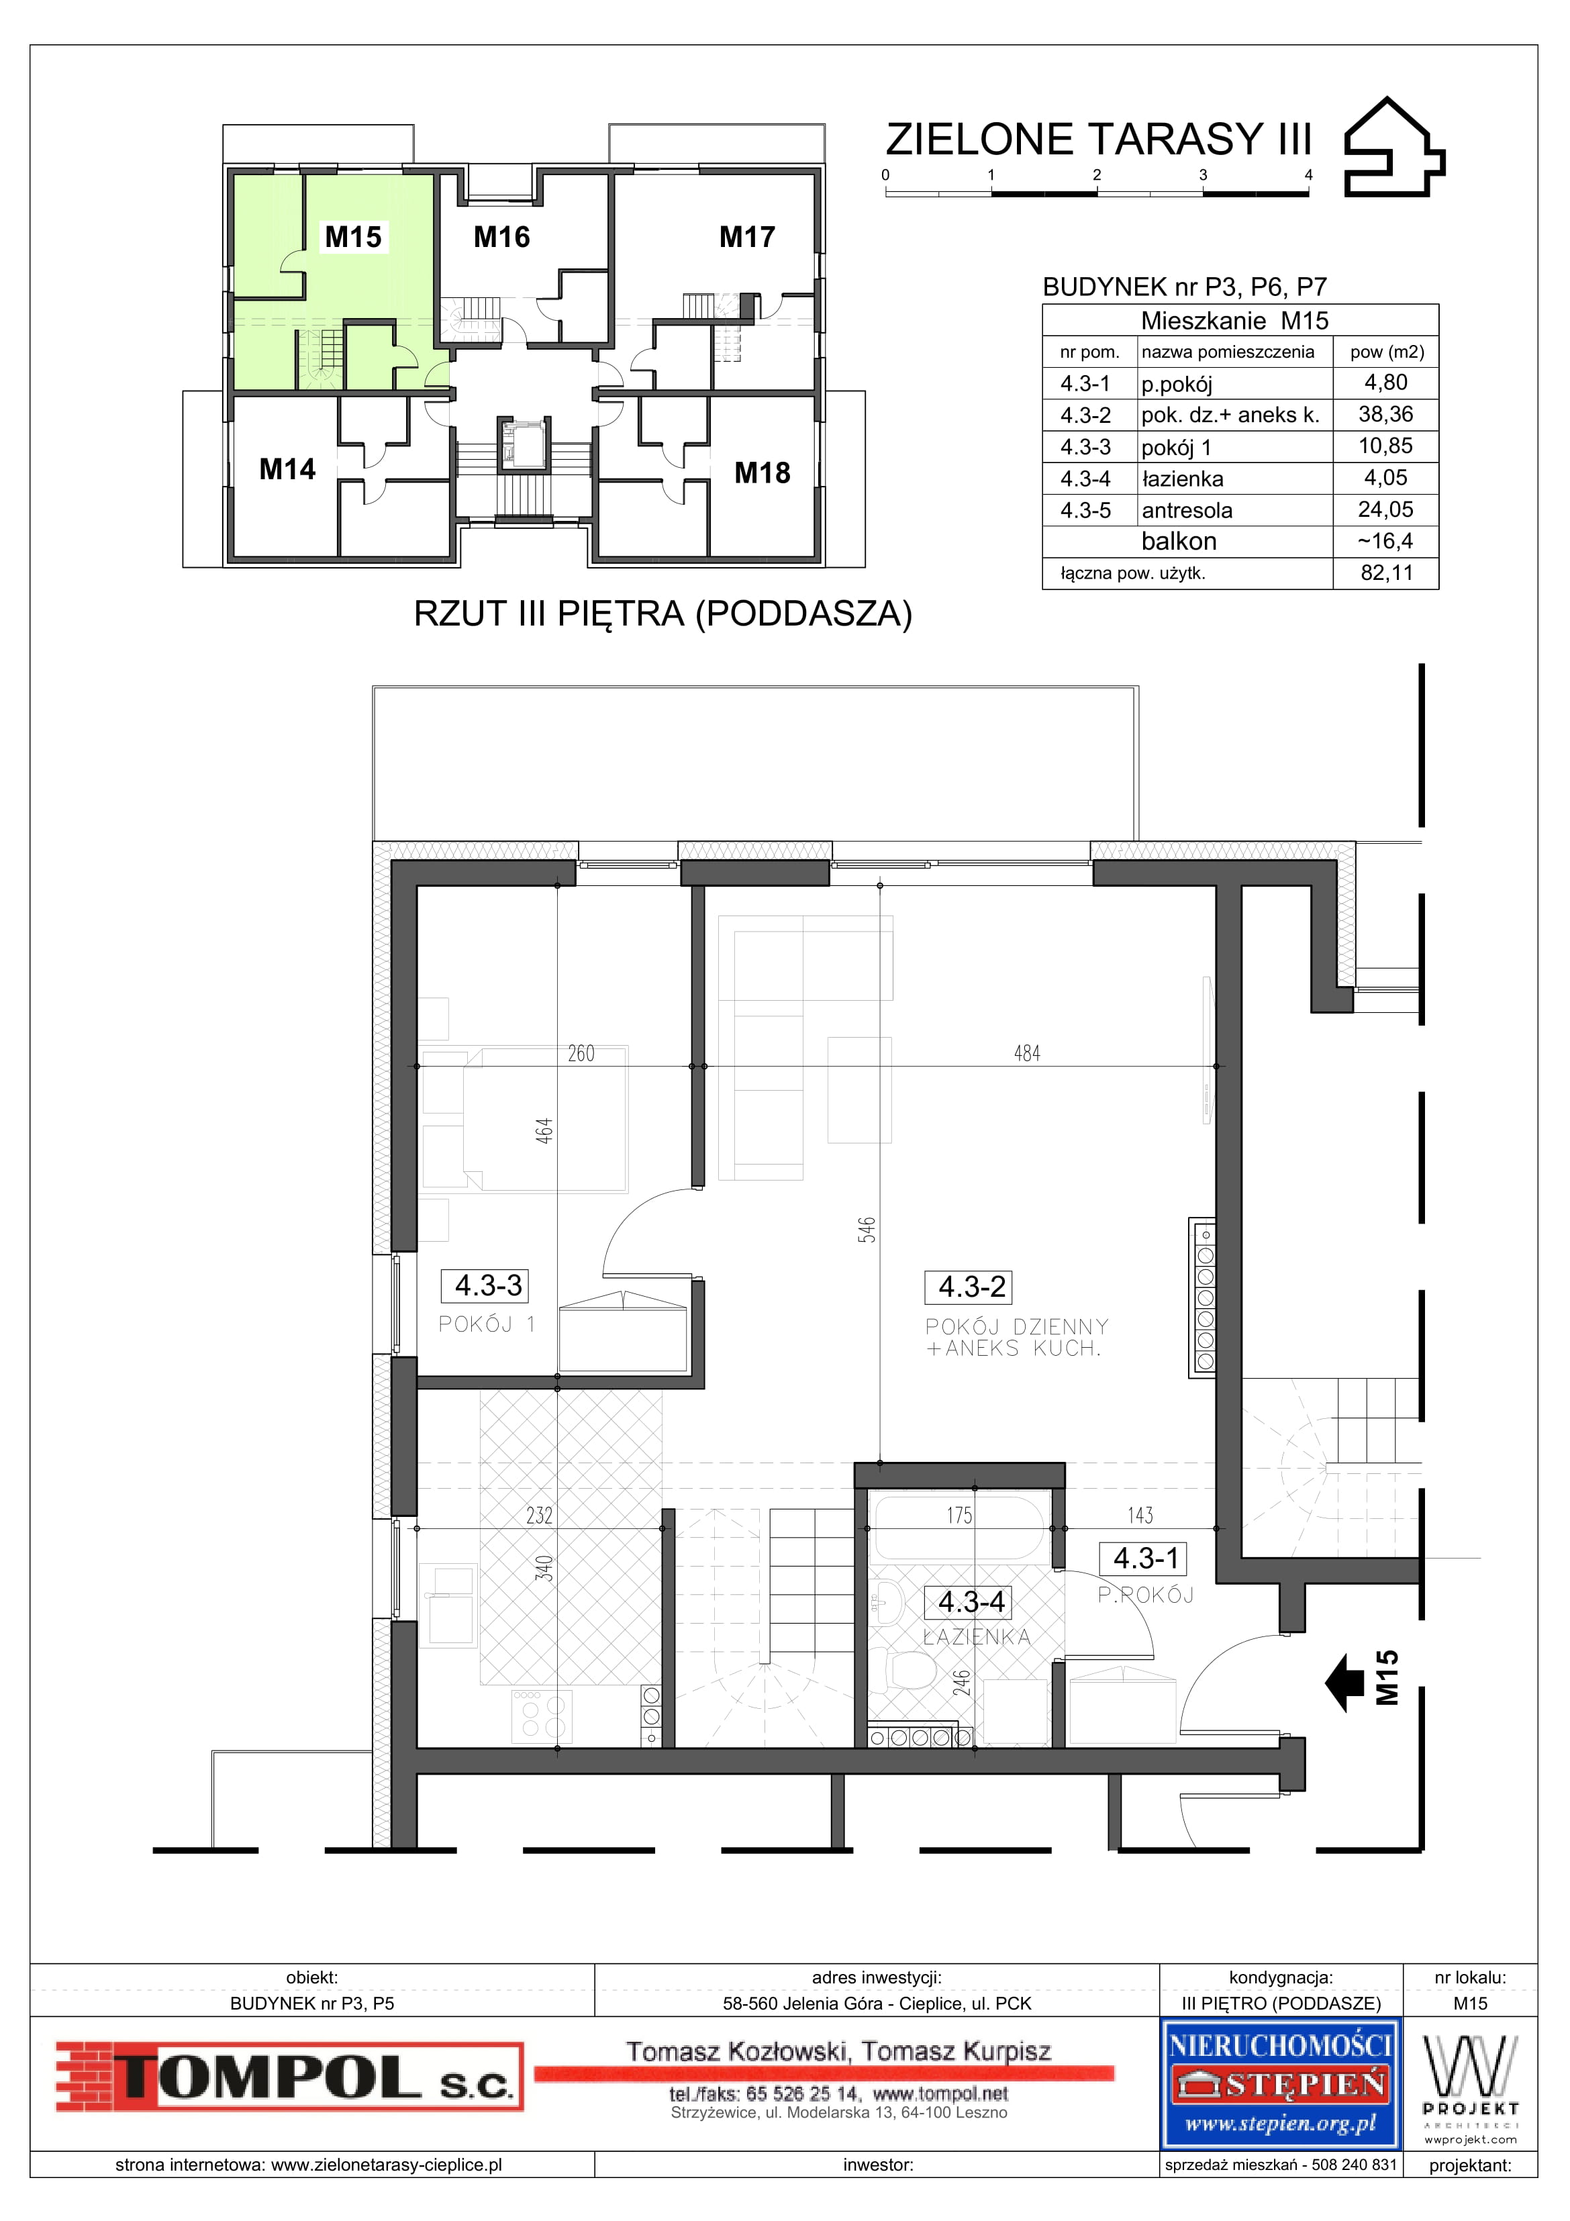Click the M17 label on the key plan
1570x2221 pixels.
[x=747, y=236]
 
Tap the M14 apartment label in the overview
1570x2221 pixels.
[x=287, y=469]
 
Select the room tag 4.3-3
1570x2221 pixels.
[x=489, y=1285]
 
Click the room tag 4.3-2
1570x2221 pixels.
[x=971, y=1287]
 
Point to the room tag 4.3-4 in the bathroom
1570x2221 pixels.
[x=971, y=1602]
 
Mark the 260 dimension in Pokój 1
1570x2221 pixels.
[x=581, y=1053]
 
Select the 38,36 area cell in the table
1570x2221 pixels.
[x=1385, y=415]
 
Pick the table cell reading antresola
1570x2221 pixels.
[x=1182, y=510]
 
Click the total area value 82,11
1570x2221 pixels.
[x=1386, y=573]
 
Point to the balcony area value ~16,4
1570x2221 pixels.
[x=1385, y=542]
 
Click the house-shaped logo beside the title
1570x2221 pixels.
[x=1395, y=146]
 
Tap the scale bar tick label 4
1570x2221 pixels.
[x=1309, y=175]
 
